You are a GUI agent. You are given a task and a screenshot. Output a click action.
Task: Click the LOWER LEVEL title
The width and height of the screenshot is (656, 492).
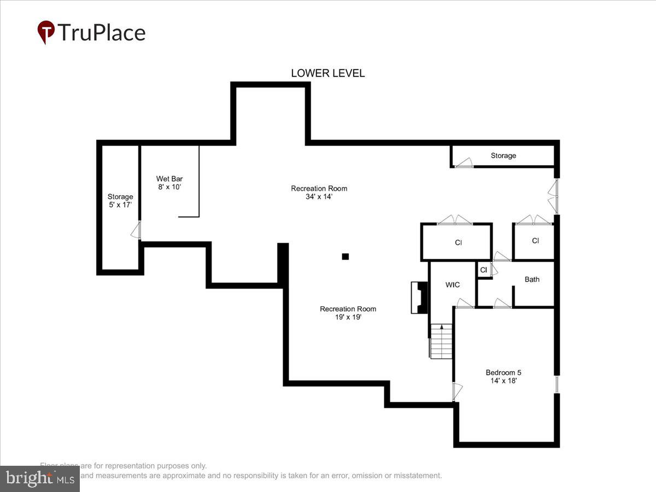(x=327, y=73)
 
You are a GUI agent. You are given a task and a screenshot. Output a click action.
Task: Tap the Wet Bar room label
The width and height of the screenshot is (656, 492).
(x=169, y=179)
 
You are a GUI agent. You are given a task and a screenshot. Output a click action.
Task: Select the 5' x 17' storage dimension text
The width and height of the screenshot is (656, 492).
(x=120, y=205)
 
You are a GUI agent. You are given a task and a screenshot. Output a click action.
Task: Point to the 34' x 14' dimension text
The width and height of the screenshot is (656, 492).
(x=319, y=197)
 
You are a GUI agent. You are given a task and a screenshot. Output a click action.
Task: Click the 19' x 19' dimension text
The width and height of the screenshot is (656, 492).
(x=348, y=317)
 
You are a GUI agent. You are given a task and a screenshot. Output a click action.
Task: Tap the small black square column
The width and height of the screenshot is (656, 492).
(x=345, y=256)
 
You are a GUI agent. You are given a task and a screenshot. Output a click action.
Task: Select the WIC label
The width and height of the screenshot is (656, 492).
(x=453, y=285)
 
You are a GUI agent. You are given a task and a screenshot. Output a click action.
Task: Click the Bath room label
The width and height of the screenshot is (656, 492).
(x=532, y=279)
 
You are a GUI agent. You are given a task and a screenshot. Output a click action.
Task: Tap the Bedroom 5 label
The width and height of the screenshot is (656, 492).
(x=503, y=373)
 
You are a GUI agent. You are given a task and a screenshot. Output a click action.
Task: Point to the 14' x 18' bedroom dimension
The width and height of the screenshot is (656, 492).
(x=503, y=382)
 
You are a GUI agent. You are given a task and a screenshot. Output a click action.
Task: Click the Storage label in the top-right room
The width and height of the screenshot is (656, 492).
(x=503, y=156)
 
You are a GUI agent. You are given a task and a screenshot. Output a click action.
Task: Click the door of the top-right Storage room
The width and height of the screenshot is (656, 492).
(x=464, y=162)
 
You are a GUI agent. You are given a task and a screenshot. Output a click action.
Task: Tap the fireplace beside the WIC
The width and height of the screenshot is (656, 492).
(x=419, y=297)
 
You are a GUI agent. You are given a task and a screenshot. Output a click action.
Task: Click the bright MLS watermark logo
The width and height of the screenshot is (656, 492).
(x=39, y=478)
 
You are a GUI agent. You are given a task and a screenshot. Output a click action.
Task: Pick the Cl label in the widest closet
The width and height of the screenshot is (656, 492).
(x=458, y=242)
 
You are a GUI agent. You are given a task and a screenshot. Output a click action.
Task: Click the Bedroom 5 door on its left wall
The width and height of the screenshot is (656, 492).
(x=457, y=390)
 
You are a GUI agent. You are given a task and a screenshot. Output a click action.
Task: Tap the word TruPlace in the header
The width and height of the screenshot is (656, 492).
(x=102, y=33)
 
